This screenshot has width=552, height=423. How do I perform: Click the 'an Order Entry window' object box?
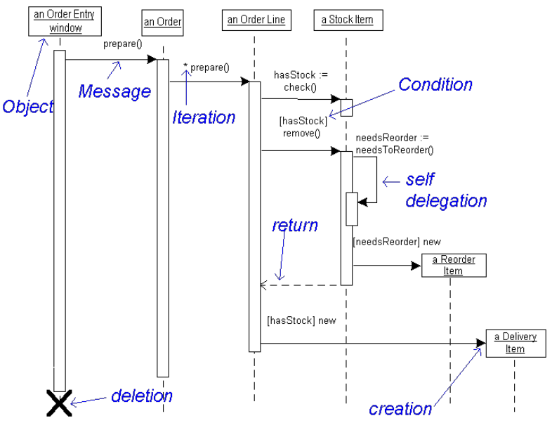pyautogui.click(x=56, y=22)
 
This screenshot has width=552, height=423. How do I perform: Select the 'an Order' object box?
pyautogui.click(x=162, y=22)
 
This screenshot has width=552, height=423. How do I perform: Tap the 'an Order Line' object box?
pyautogui.click(x=256, y=20)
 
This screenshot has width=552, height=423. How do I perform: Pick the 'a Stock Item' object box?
pyautogui.click(x=347, y=20)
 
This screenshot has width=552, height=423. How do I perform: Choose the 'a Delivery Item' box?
pyautogui.click(x=515, y=343)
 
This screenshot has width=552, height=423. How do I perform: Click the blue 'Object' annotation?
pyautogui.click(x=28, y=107)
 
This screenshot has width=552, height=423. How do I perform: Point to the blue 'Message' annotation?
pyautogui.click(x=114, y=91)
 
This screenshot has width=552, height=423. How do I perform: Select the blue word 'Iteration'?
pyautogui.click(x=204, y=117)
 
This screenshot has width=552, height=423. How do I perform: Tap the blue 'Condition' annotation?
pyautogui.click(x=435, y=85)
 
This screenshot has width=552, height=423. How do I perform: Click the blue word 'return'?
pyautogui.click(x=295, y=226)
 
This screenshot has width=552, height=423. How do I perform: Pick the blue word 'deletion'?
pyautogui.click(x=142, y=396)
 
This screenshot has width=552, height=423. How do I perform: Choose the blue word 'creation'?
pyautogui.click(x=400, y=408)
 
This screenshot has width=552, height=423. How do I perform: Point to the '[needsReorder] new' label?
pyautogui.click(x=396, y=242)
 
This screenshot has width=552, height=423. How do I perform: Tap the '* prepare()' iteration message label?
pyautogui.click(x=206, y=67)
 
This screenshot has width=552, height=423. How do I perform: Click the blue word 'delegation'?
pyautogui.click(x=446, y=201)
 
